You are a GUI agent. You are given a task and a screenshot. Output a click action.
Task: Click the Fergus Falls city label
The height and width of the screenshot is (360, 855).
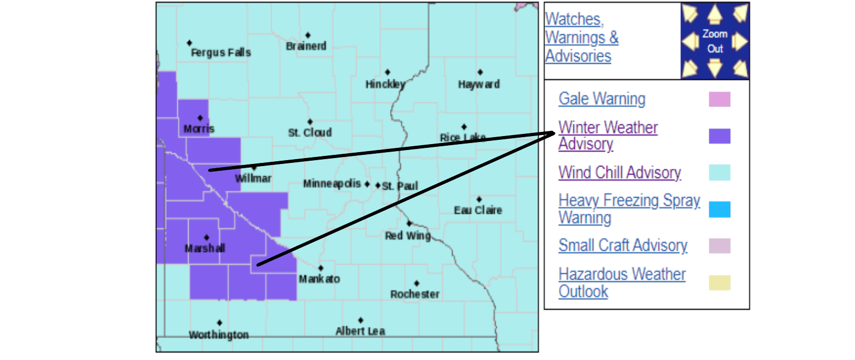(x=221, y=52)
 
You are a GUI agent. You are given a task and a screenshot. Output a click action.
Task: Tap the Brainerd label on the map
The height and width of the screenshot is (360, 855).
(x=306, y=46)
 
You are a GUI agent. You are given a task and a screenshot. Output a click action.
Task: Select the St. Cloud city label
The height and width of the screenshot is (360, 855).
(x=310, y=132)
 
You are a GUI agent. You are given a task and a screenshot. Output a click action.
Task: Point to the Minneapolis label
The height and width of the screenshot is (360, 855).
(x=332, y=184)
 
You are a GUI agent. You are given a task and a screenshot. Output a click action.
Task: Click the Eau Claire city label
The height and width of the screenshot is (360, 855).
(x=478, y=210)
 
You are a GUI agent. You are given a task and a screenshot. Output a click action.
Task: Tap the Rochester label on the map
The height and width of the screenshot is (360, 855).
(x=415, y=294)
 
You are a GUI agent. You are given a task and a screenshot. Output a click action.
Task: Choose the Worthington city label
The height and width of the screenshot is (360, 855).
(x=219, y=335)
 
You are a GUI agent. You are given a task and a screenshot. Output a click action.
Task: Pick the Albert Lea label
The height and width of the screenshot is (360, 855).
(x=360, y=331)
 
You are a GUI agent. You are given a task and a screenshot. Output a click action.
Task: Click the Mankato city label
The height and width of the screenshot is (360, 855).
(x=319, y=279)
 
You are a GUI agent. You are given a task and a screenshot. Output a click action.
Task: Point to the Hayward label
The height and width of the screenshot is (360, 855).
(x=479, y=84)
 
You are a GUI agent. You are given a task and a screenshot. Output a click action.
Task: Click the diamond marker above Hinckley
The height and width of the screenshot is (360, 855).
(x=387, y=72)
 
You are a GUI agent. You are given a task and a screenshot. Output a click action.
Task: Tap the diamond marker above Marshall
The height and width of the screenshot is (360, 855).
(x=207, y=237)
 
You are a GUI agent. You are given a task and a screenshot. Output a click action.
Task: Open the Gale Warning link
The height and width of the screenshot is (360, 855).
(x=602, y=99)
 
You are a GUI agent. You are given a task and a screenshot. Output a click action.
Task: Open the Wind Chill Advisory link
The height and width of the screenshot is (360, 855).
(x=619, y=172)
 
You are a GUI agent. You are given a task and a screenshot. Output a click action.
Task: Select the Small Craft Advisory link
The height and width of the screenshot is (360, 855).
(x=622, y=245)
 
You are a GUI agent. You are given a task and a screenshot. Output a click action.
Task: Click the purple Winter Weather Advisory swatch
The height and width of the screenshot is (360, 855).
(x=719, y=136)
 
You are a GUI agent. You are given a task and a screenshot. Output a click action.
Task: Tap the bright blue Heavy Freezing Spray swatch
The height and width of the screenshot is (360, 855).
(x=719, y=209)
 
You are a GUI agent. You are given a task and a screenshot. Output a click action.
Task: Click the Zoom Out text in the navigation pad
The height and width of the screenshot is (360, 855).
(x=715, y=41)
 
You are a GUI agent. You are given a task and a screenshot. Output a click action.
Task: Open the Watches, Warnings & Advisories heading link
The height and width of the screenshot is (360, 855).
(x=581, y=37)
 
